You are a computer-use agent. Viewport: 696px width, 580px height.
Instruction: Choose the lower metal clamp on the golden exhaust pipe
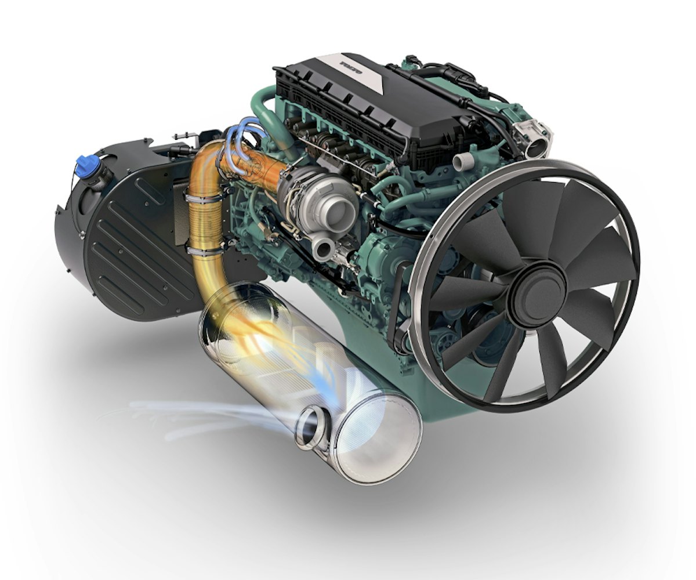click(204, 250)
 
